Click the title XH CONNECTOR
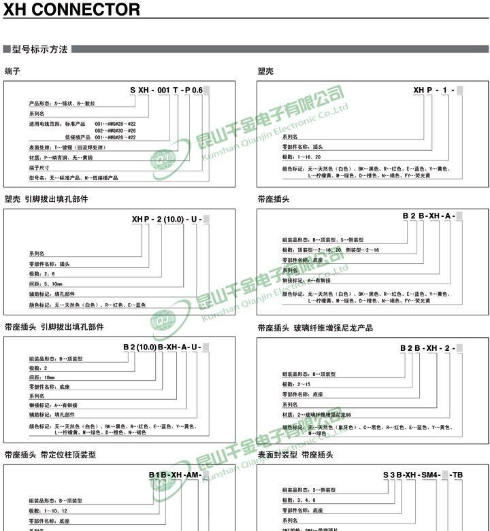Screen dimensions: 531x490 [72, 10]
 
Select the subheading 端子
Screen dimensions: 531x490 [12, 71]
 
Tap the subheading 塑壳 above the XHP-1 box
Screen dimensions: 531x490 [265, 71]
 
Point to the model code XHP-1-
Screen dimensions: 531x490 [438, 90]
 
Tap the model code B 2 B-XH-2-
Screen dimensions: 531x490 [431, 348]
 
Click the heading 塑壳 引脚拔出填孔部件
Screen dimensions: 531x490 [46, 199]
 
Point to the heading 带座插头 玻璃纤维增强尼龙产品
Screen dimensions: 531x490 [315, 328]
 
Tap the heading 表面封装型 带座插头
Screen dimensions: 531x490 [295, 454]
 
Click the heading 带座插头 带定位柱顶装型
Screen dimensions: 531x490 [50, 454]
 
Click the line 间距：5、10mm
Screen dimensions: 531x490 [46, 284]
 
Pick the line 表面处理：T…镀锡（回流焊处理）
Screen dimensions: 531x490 [67, 148]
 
